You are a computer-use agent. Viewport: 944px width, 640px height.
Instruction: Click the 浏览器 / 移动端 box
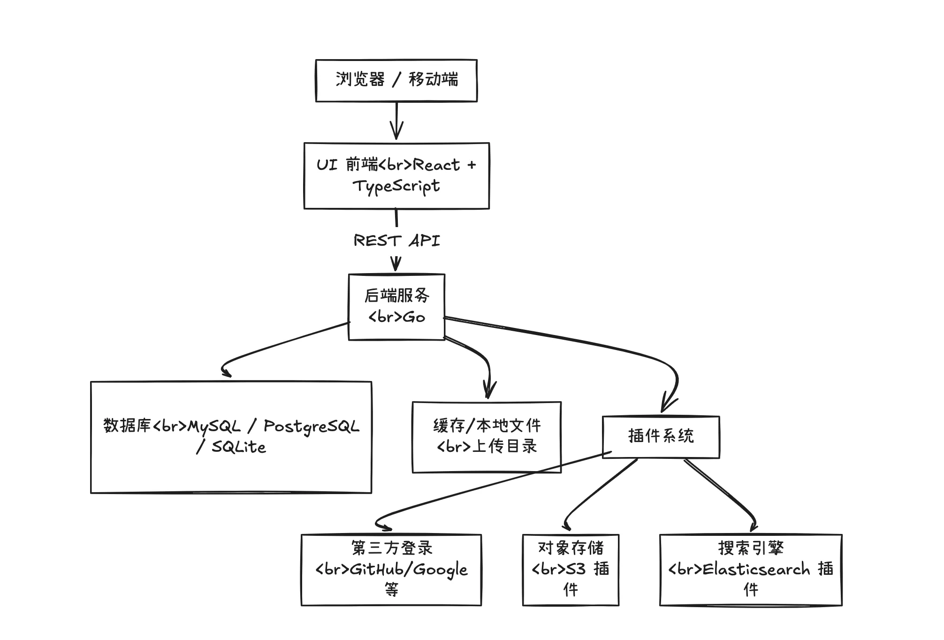coord(396,80)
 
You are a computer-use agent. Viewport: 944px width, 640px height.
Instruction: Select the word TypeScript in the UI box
coord(396,186)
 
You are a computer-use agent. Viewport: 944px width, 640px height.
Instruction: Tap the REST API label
coord(396,240)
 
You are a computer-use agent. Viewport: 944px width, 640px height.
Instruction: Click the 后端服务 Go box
coord(396,306)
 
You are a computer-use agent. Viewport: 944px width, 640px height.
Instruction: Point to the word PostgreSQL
coord(311,427)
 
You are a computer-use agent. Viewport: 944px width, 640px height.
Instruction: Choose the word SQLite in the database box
coord(239,447)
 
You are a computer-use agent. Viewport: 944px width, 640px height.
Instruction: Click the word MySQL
coord(214,427)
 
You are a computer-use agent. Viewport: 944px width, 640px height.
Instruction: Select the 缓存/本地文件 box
coord(487,437)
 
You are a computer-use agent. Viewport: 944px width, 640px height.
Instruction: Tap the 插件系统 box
coord(661,436)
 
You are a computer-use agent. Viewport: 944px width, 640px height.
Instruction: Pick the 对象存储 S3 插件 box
coord(571,570)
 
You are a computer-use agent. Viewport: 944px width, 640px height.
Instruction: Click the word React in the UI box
coord(436,165)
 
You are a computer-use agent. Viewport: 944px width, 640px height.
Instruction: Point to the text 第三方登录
coord(392,548)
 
